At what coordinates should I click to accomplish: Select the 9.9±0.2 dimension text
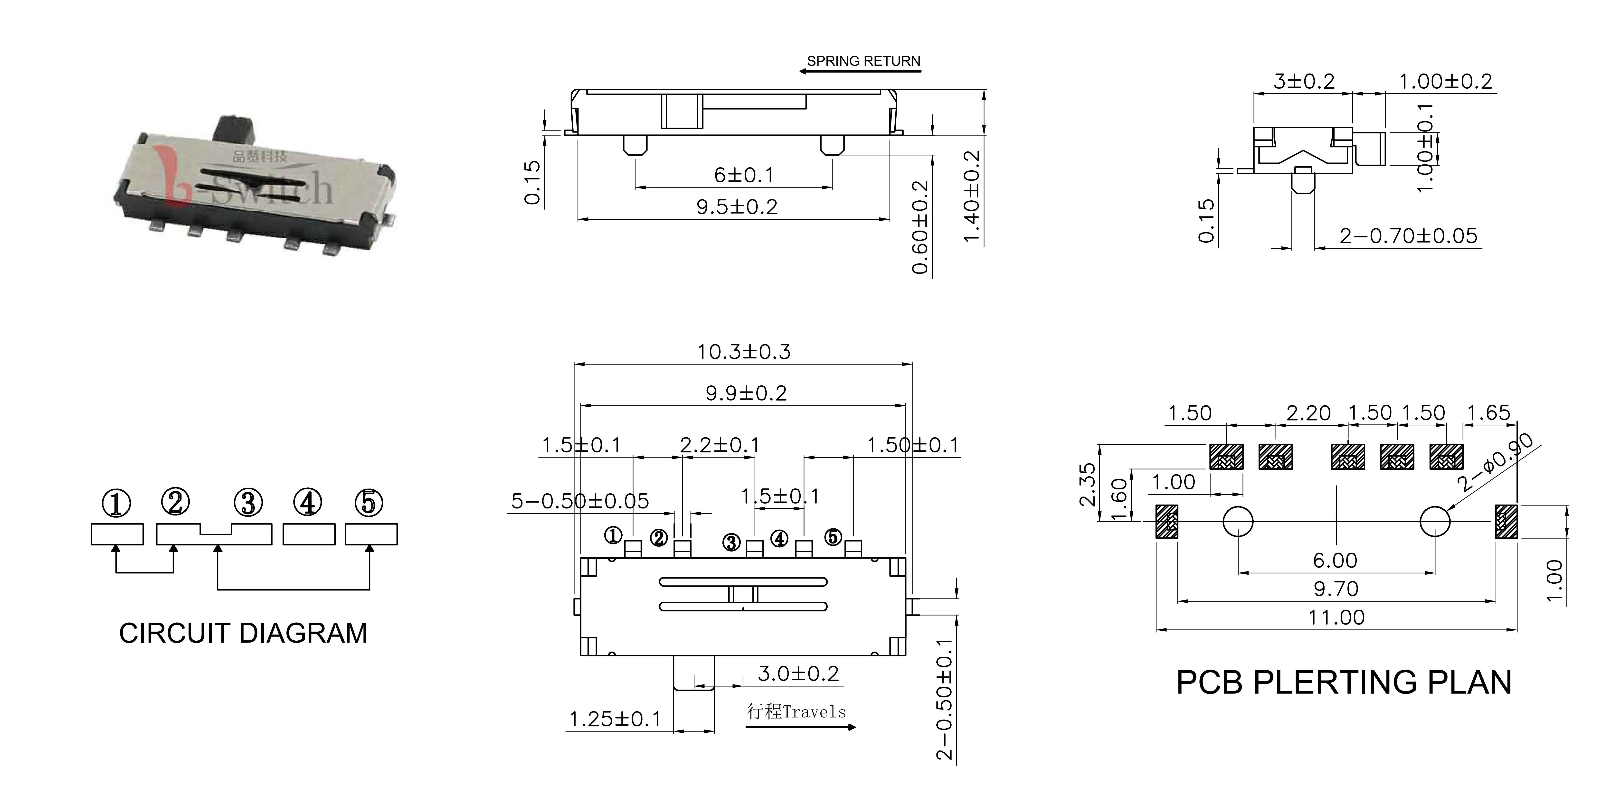pos(746,393)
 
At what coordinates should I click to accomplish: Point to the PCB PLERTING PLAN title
pos(1344,682)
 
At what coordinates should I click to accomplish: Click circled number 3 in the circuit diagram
pos(248,503)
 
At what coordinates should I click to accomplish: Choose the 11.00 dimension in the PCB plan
pos(1336,618)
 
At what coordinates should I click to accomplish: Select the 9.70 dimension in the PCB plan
pos(1336,589)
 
